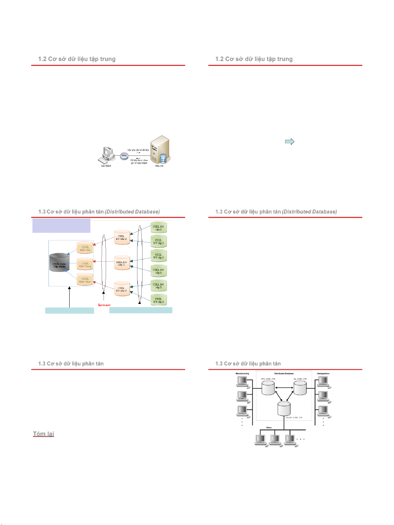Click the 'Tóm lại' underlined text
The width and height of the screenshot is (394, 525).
tap(43, 434)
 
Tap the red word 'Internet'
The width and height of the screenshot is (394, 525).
tap(104, 305)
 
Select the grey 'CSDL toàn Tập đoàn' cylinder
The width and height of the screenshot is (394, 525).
tap(59, 263)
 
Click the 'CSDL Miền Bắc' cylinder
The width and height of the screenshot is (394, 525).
tap(85, 248)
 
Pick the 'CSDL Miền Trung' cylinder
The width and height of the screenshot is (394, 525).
tap(85, 264)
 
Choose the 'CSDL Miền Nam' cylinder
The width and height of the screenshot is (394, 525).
tap(85, 279)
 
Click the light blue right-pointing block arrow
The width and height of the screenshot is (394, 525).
tap(290, 141)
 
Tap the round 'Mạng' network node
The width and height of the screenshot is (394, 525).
tap(124, 156)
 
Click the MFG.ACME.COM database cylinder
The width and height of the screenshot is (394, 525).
tap(268, 388)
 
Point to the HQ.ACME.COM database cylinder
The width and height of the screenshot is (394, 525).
tap(300, 388)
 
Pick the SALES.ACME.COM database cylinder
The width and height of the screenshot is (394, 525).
tap(284, 408)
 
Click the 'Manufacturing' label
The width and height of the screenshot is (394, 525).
tap(242, 373)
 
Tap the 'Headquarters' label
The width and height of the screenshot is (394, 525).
tap(323, 373)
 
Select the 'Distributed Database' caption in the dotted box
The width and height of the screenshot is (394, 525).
tap(284, 373)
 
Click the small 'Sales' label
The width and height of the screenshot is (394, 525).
tap(269, 427)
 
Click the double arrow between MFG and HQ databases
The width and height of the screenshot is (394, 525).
tap(284, 388)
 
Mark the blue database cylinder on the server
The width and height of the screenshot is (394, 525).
tap(163, 159)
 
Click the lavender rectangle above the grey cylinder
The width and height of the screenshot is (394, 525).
tap(61, 226)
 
